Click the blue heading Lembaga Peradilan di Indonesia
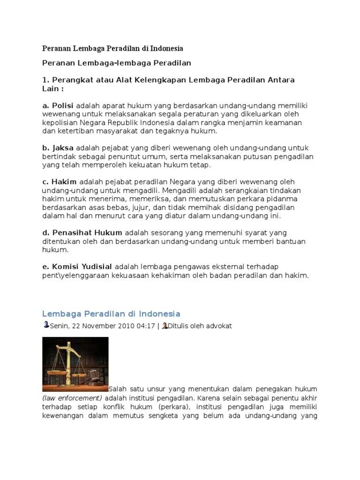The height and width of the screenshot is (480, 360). tap(111, 314)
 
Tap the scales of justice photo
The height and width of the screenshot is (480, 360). tap(75, 364)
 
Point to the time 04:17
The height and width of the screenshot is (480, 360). tap(145, 326)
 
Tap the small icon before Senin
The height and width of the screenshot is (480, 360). tap(45, 325)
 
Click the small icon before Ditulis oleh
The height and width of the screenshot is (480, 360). tap(165, 325)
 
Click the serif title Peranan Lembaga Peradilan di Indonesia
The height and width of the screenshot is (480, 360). tap(112, 48)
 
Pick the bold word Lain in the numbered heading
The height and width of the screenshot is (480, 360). tap(49, 88)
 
